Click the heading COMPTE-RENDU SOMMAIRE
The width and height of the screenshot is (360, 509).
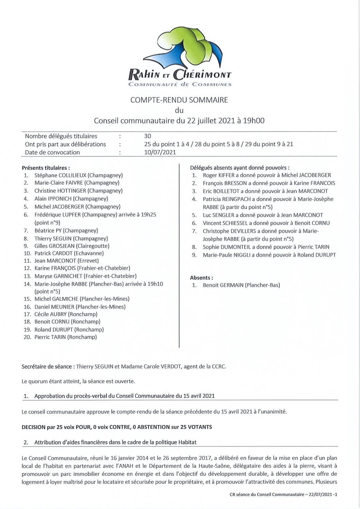point(179,100)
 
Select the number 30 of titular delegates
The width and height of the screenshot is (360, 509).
point(148,136)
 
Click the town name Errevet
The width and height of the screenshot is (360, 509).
point(88,261)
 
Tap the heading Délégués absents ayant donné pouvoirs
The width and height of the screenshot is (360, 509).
point(240,167)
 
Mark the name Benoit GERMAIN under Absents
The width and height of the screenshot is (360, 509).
point(223,285)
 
